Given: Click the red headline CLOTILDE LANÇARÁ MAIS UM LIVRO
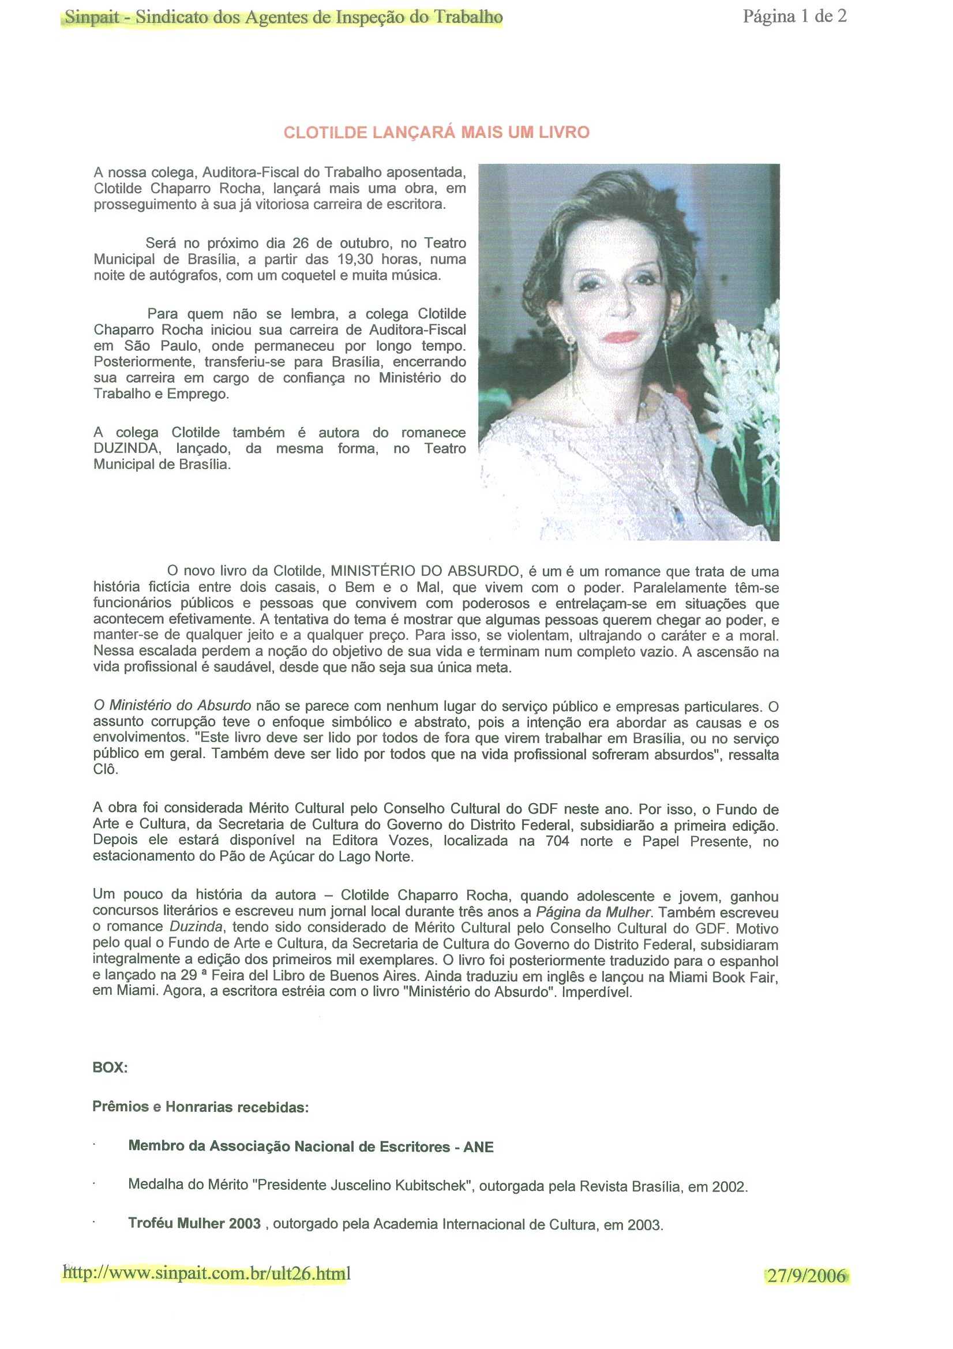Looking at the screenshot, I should [x=436, y=132].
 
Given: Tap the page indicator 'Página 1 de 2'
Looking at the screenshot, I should [x=794, y=17].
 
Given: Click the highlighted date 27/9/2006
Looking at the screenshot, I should [x=806, y=1276].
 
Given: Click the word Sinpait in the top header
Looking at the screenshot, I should [x=92, y=18].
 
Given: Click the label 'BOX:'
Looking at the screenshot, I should [x=110, y=1067].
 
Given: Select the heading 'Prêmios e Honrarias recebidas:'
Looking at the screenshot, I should [x=200, y=1107].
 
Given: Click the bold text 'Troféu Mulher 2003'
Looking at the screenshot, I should [x=194, y=1223].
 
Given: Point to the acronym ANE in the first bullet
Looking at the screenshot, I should [x=478, y=1147].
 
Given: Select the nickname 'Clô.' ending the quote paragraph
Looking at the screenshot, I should [x=106, y=769].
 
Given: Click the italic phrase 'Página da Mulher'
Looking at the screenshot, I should [x=593, y=912].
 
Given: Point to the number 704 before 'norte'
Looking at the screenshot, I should [x=557, y=841].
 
